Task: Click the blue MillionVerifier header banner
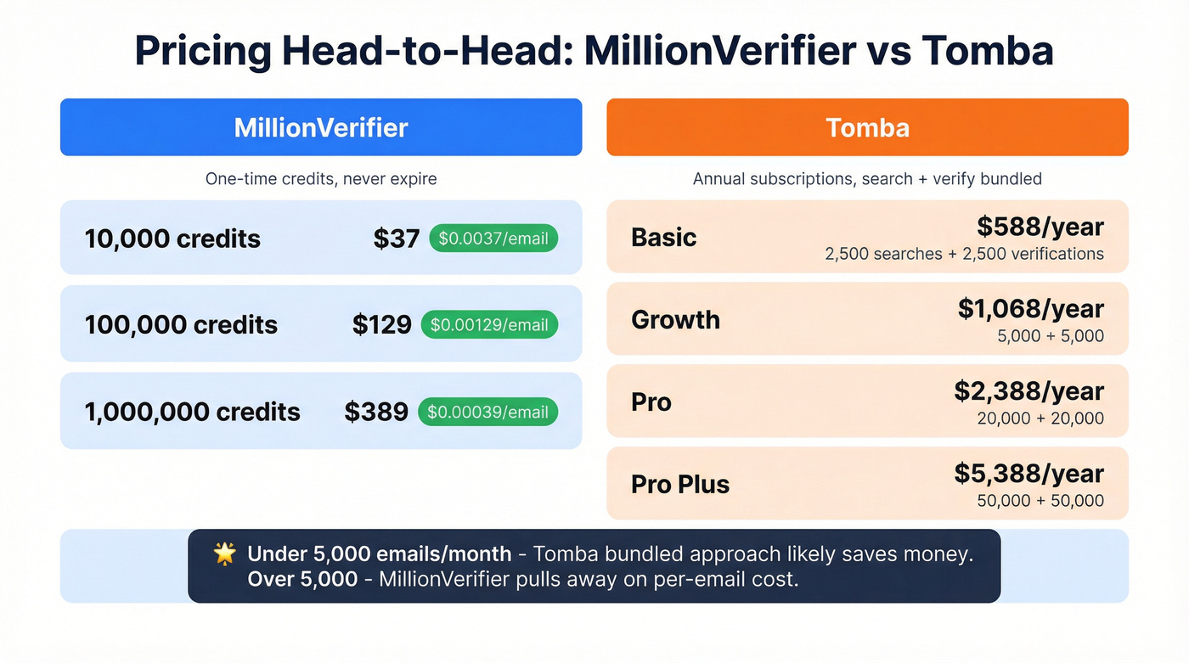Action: pos(321,127)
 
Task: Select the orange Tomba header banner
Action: pos(867,127)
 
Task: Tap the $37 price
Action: pos(397,239)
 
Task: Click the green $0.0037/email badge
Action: pos(493,239)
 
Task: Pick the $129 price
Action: pos(382,324)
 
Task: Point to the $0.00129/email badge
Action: pos(489,324)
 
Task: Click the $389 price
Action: pos(376,412)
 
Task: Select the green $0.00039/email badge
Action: pos(487,412)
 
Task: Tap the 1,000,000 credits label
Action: pos(193,412)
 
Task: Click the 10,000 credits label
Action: pos(172,239)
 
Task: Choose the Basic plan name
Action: pos(664,237)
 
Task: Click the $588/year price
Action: pos(1040,227)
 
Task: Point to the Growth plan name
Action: pos(676,319)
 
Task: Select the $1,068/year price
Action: pos(1031,309)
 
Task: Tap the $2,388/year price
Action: pos(1028,391)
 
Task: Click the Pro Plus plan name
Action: pos(680,484)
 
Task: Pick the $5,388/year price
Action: pos(1028,474)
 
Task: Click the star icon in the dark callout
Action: pos(224,554)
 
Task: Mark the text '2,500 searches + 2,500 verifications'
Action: pos(964,254)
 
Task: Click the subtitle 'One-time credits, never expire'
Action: pos(321,179)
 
